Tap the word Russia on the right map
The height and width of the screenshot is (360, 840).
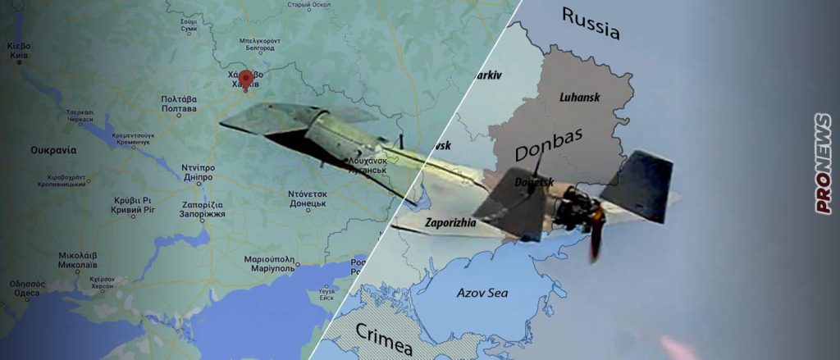click(590, 25)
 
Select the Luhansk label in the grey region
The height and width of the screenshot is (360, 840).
click(579, 97)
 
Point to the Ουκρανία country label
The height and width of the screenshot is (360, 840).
click(53, 150)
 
